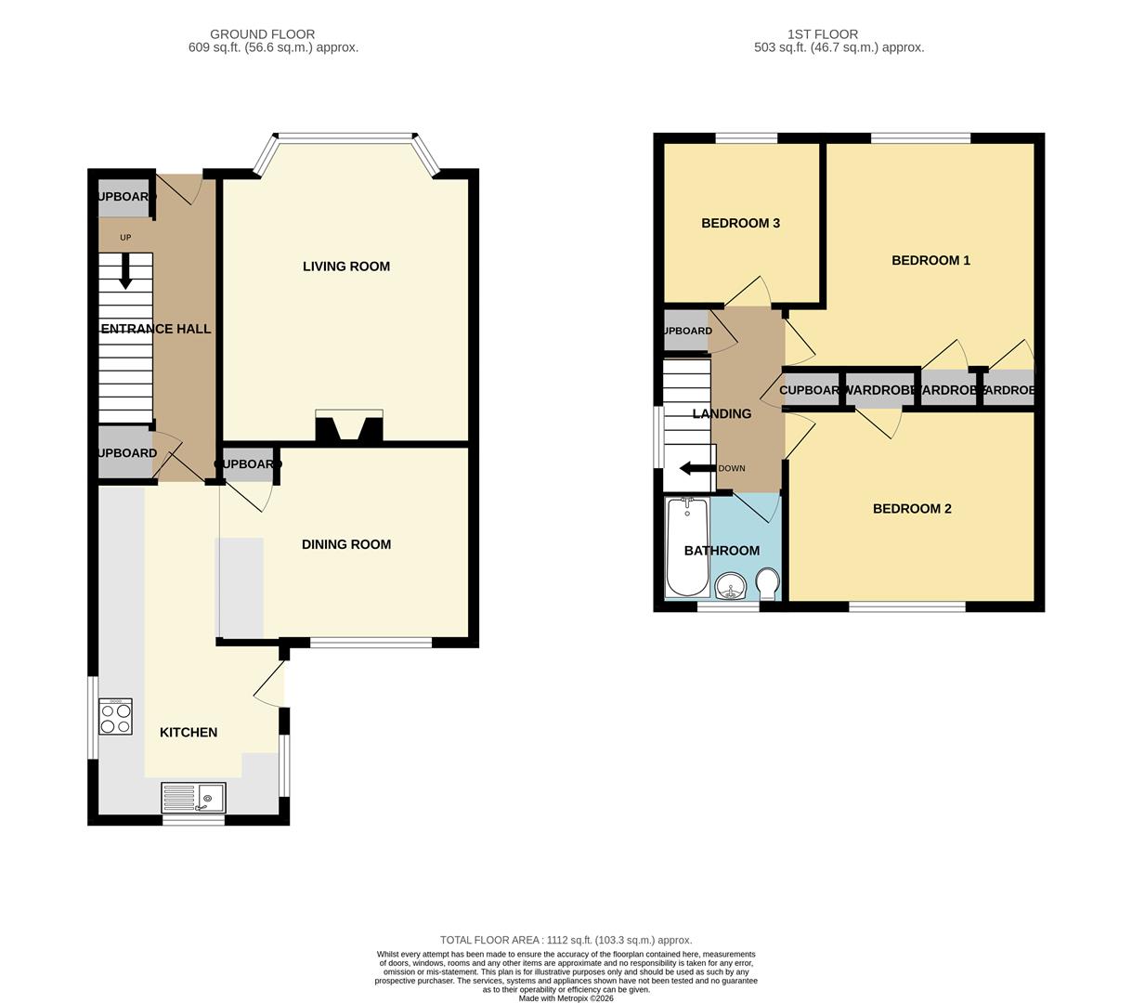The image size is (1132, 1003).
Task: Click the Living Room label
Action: point(345,267)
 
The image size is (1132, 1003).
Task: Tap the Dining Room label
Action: point(345,544)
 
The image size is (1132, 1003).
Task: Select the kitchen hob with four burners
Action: point(115,716)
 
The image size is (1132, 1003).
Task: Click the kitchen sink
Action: point(193,798)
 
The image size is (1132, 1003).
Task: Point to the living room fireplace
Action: point(349,426)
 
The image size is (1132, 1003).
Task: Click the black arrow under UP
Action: point(125,270)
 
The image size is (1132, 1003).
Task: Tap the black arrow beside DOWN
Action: point(697,468)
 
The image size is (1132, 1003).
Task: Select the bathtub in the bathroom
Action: point(687,547)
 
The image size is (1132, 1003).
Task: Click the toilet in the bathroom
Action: point(768,584)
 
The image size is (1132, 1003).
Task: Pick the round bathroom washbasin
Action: point(732,587)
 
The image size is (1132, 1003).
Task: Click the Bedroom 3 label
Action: point(740,223)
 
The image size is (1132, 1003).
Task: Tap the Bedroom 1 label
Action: point(930,260)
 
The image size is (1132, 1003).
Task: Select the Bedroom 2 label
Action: point(912,509)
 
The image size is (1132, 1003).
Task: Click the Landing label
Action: point(722,414)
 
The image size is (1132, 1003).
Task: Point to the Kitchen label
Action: point(189,733)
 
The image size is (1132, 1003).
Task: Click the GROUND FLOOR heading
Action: point(262,34)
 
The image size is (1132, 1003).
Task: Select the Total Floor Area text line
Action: point(566,940)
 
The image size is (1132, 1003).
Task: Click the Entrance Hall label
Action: point(155,329)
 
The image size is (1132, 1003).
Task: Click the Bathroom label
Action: point(722,551)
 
